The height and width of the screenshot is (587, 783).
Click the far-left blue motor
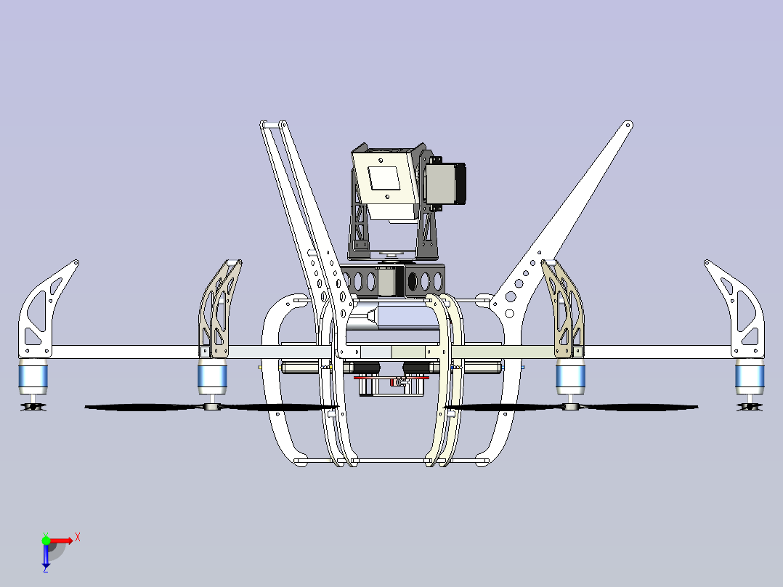pos(33,375)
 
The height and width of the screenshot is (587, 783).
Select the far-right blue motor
pos(750,375)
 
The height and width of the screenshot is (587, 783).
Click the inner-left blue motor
pos(212,376)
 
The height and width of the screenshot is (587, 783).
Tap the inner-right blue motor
pos(571,376)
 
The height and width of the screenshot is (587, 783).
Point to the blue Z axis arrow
pos(46,556)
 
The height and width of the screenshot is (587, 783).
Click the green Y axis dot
pos(46,540)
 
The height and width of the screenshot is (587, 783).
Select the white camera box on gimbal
pos(384,182)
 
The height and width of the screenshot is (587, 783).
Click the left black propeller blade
pos(145,408)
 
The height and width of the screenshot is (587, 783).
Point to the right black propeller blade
pos(639,408)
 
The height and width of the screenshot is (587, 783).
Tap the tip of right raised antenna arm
pos(627,125)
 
